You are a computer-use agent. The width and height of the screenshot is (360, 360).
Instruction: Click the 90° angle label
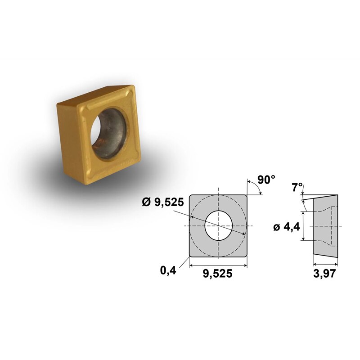pyautogui.click(x=266, y=180)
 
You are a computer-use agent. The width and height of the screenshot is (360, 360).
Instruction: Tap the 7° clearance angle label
pyautogui.click(x=297, y=187)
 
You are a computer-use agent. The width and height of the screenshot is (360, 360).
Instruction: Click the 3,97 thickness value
pyautogui.click(x=325, y=273)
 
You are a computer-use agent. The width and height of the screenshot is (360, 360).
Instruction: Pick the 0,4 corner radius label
pyautogui.click(x=167, y=270)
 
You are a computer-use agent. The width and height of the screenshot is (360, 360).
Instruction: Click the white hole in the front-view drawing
pyautogui.click(x=218, y=225)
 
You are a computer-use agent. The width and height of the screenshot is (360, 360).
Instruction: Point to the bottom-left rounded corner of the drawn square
pyautogui.click(x=191, y=255)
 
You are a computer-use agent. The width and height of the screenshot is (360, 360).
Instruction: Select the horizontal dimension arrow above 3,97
pyautogui.click(x=325, y=264)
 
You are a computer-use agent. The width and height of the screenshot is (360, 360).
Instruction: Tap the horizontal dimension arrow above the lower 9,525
pyautogui.click(x=218, y=264)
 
